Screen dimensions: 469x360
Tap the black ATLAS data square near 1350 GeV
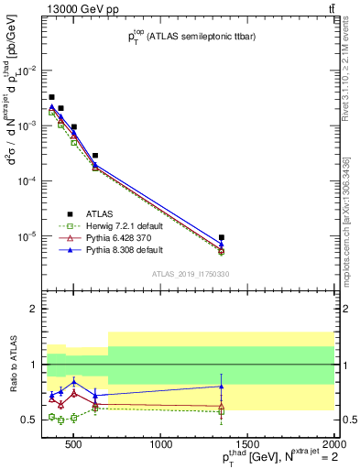[x=222, y=238]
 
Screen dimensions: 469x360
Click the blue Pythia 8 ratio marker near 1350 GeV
[x=222, y=386]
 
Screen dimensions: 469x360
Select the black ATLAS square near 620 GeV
[x=95, y=156]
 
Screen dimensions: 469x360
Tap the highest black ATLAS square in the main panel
[x=52, y=97]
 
